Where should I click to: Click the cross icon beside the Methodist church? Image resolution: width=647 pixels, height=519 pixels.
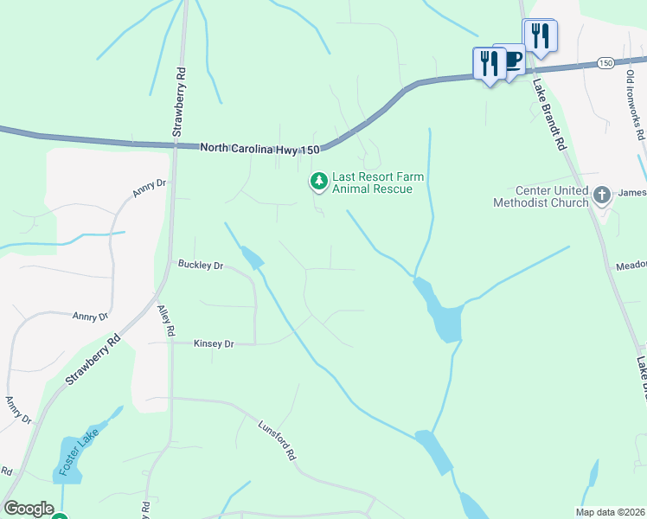pos(604,196)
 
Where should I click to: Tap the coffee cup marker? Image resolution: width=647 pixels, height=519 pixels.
pos(510,61)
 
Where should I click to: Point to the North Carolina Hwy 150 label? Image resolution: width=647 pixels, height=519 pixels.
pos(259,148)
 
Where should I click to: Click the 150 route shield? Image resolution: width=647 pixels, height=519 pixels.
pos(605,63)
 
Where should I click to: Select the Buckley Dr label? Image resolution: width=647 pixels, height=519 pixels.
pos(201,265)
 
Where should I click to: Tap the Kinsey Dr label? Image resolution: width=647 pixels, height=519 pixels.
pos(212,343)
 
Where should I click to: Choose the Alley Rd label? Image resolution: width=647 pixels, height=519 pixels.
pos(166,319)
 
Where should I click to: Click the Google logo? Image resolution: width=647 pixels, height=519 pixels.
pos(29,509)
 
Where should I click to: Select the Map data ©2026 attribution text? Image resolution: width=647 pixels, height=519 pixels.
pos(611,512)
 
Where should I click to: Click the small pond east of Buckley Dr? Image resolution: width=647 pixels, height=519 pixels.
pos(252,257)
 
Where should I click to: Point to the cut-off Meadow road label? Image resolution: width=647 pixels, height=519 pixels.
pos(631,266)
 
